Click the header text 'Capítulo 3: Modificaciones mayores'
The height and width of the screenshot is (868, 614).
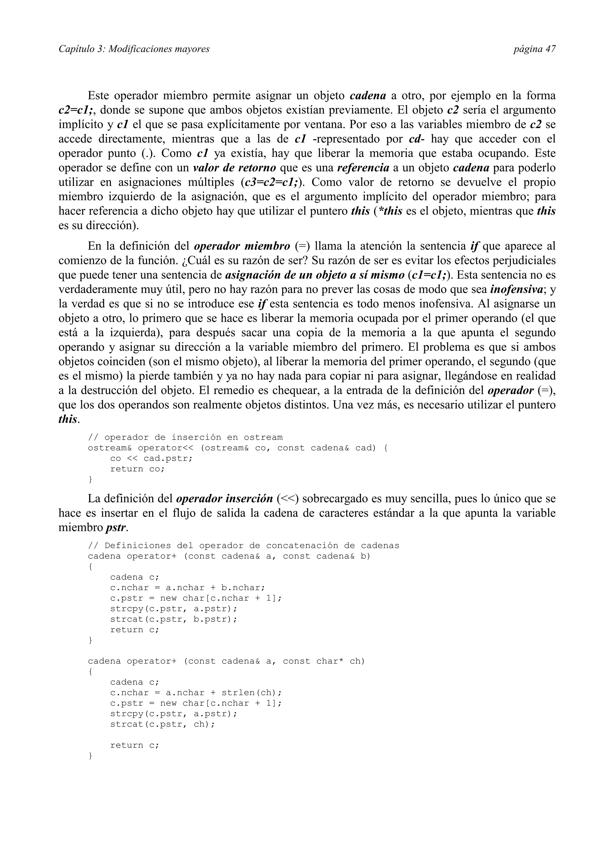(x=134, y=49)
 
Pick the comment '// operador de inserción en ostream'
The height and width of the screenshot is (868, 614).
(x=185, y=437)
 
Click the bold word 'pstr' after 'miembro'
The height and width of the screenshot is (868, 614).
(x=116, y=528)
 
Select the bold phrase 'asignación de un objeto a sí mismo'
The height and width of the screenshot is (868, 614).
(x=314, y=275)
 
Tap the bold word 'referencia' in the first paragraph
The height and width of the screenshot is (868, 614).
(x=363, y=168)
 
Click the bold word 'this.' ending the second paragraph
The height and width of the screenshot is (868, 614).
(x=68, y=419)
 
